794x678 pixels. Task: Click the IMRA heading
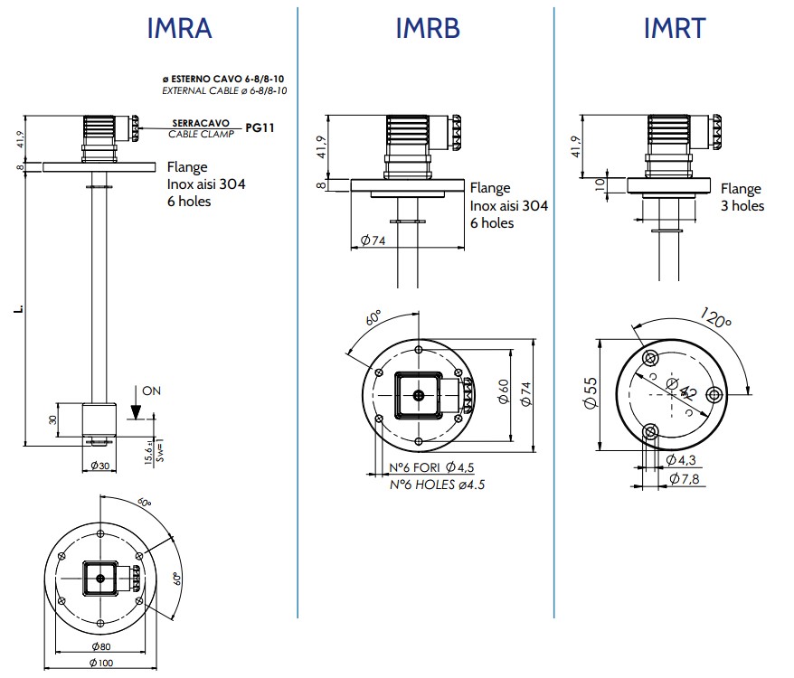[x=179, y=28]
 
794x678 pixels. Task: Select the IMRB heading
[x=428, y=28]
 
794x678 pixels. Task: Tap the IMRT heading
[x=675, y=28]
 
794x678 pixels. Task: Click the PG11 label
[x=259, y=128]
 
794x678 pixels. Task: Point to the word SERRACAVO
[x=200, y=122]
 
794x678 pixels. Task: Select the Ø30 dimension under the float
[x=100, y=466]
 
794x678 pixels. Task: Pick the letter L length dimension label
[x=17, y=310]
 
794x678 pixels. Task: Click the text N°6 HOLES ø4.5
[x=437, y=484]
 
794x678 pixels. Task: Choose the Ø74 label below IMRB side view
[x=374, y=240]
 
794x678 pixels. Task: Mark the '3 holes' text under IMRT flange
[x=742, y=206]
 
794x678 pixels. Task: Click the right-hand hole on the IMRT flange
[x=714, y=394]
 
